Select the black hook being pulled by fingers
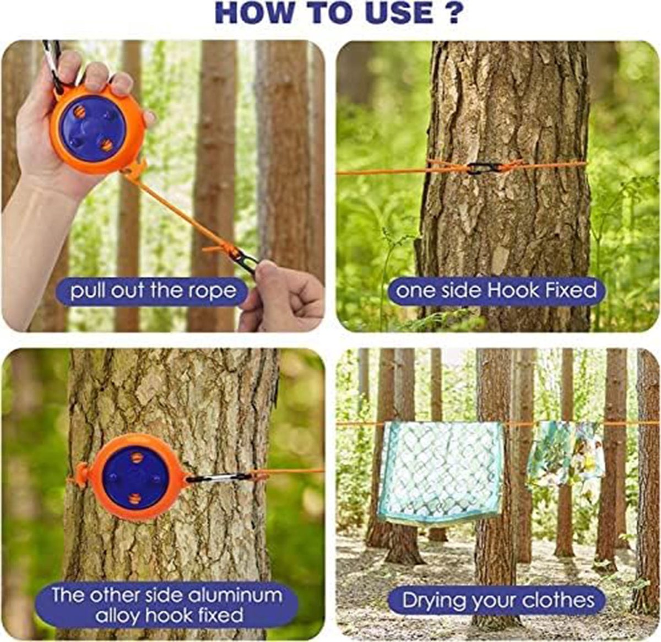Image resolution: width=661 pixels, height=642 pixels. [x=245, y=262]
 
